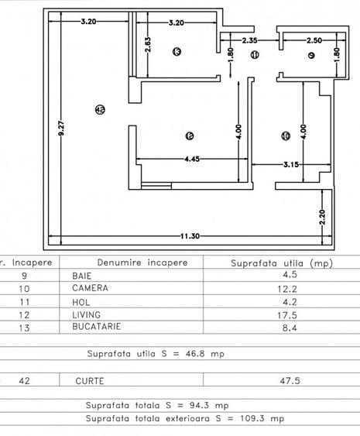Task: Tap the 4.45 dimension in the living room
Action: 191,158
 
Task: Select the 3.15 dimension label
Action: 290,163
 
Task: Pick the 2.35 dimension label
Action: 249,39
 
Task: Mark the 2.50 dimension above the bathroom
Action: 313,39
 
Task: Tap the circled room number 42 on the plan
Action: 98,111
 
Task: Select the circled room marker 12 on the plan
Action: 190,136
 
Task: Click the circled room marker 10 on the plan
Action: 286,136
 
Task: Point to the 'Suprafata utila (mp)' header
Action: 281,263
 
